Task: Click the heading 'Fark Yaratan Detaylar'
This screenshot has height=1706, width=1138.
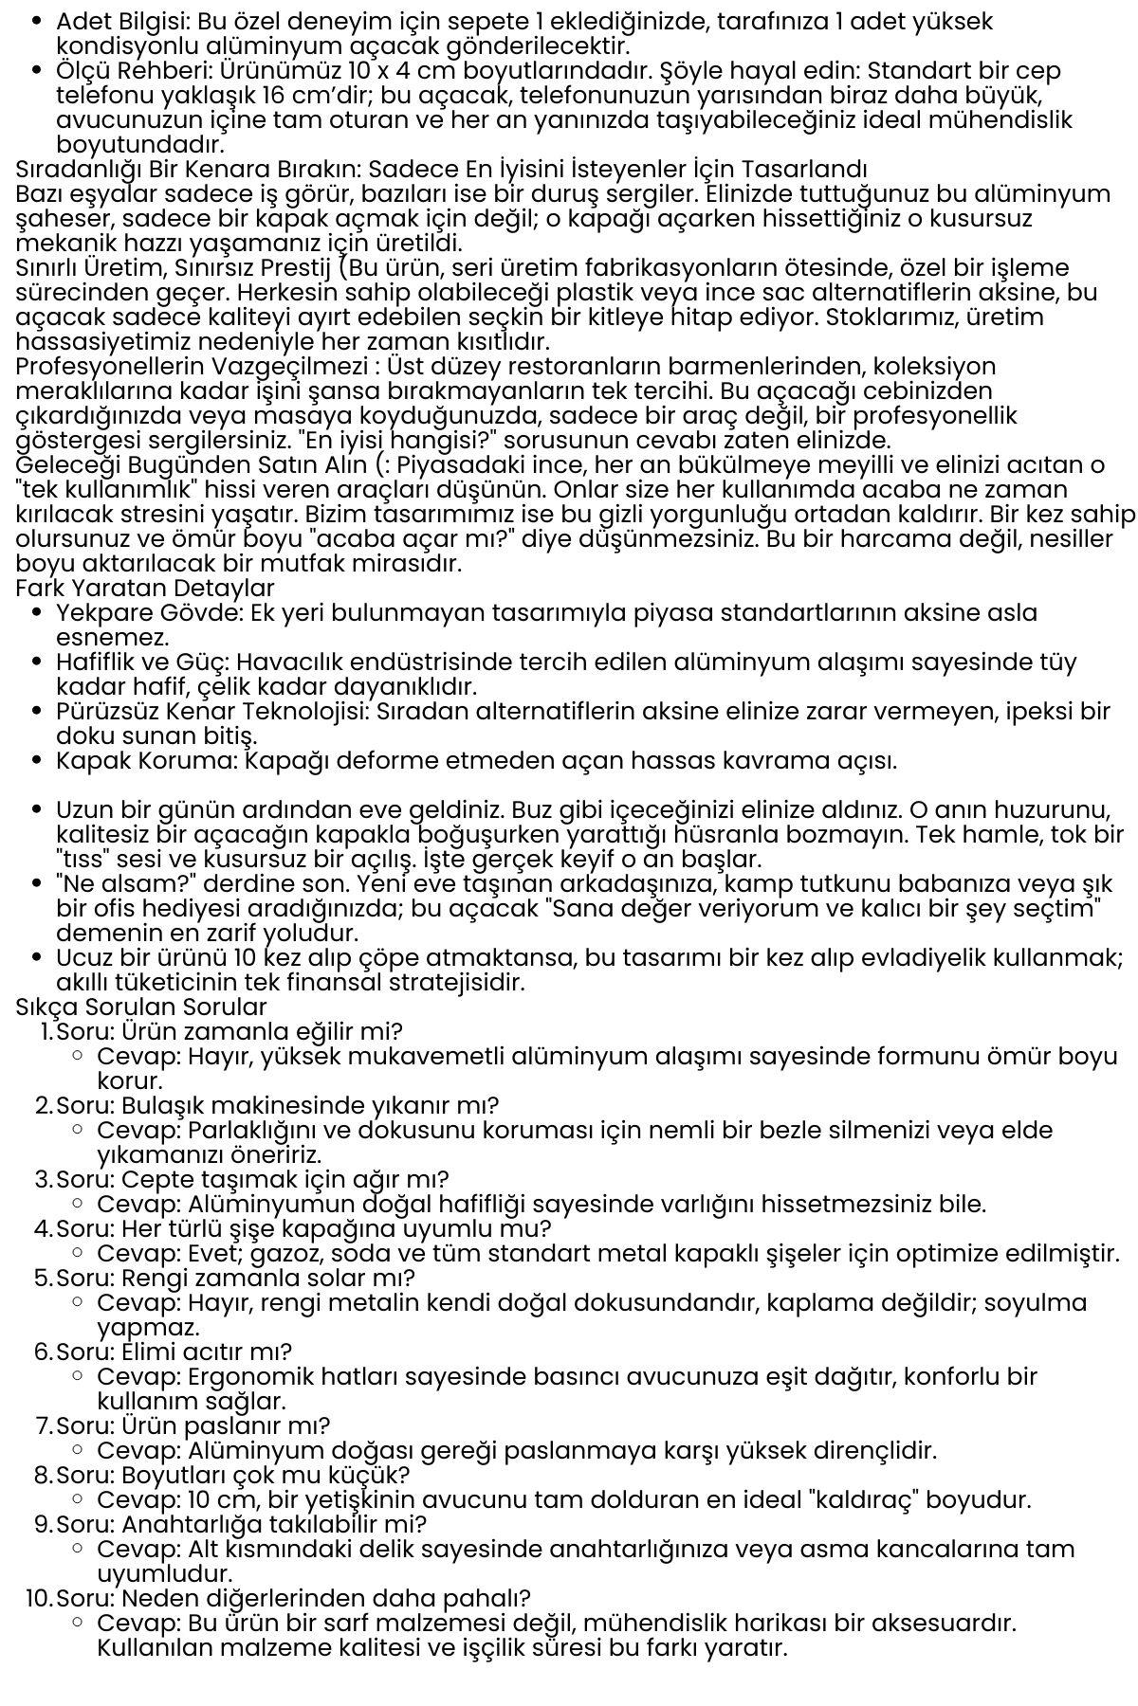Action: tap(145, 589)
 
